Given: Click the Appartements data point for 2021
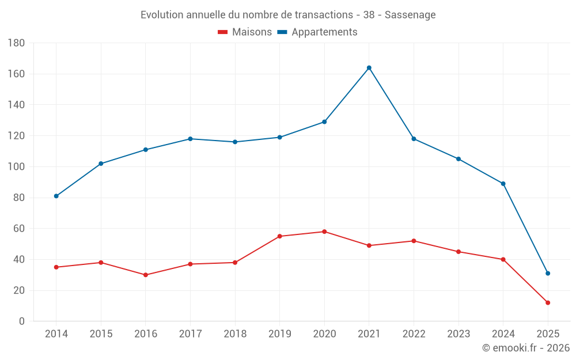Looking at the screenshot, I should click(x=369, y=68).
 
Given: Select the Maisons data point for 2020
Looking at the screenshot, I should click(x=324, y=232).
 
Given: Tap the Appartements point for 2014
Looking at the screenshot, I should click(x=56, y=196).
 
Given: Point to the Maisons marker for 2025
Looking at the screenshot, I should click(x=548, y=302).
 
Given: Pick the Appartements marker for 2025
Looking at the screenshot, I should click(x=548, y=273).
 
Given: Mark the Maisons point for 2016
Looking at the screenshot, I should click(x=145, y=275).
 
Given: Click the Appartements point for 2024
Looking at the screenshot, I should click(x=503, y=184).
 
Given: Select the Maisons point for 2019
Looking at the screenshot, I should click(x=279, y=236).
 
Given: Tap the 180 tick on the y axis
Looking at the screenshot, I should click(x=16, y=43).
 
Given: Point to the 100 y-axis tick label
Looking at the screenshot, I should click(x=16, y=167).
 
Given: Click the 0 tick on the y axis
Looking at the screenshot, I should click(x=21, y=321).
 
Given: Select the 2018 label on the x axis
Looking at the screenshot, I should click(x=235, y=334).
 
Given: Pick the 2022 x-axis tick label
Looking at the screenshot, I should click(x=414, y=334).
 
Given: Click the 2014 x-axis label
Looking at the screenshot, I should click(x=56, y=334).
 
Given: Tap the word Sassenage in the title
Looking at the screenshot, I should click(x=410, y=14).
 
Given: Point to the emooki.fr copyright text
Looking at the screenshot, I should click(x=526, y=348).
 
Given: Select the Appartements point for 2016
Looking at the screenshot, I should click(x=145, y=150).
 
